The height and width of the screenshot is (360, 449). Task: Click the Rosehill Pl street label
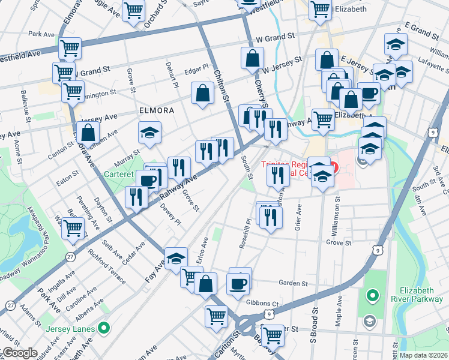coord(247,233)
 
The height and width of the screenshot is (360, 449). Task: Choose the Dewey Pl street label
coord(170,215)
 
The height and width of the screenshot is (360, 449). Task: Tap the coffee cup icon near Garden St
coord(238,283)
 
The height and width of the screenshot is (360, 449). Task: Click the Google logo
coord(19,353)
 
